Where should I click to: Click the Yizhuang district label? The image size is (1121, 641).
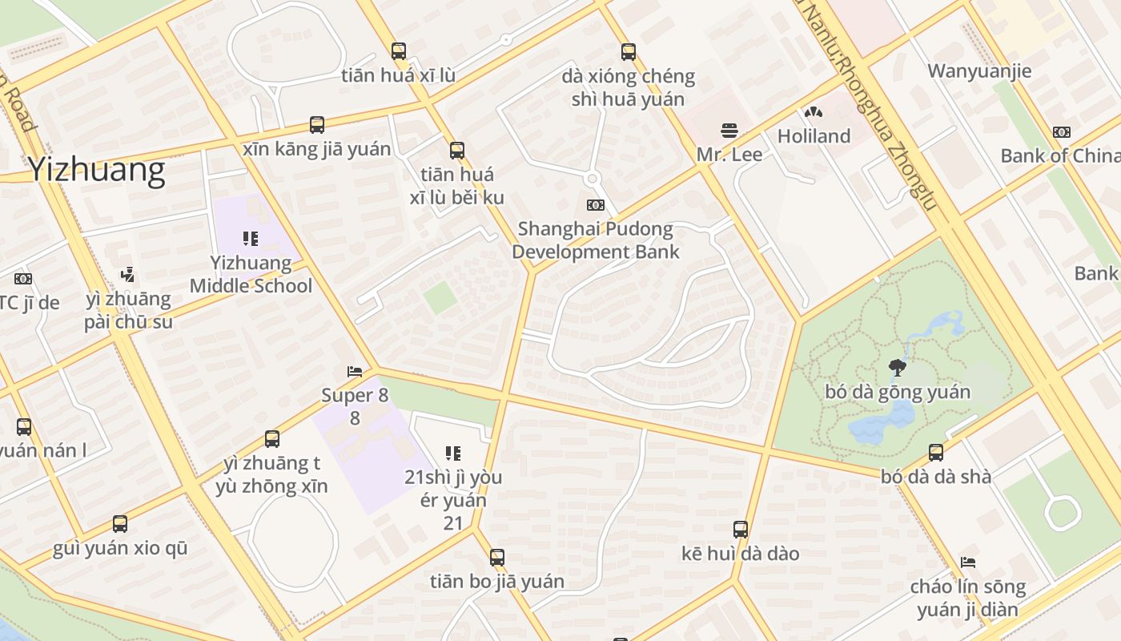click(96, 170)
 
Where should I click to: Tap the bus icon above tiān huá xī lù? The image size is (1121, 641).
click(399, 51)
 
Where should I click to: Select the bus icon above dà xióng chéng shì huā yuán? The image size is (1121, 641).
click(629, 52)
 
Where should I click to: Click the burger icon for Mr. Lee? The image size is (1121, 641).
click(729, 131)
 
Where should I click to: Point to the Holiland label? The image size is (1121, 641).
click(814, 136)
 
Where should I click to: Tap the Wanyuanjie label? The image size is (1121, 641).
click(979, 71)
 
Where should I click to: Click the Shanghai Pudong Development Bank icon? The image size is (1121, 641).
click(595, 205)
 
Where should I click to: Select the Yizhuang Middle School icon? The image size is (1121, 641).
click(251, 239)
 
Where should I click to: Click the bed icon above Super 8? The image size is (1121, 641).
click(355, 372)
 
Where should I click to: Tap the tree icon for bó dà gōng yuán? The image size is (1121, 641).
click(898, 368)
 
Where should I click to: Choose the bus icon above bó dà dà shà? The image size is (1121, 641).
click(936, 453)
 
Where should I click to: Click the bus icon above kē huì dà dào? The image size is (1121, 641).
click(741, 530)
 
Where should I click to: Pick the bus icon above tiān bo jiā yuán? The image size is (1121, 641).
click(497, 558)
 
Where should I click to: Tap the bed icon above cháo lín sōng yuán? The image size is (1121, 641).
click(968, 562)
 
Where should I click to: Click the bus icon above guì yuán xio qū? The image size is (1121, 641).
click(120, 524)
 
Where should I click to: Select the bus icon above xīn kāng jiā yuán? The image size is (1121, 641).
click(317, 125)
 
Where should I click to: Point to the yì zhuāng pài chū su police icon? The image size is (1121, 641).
click(127, 275)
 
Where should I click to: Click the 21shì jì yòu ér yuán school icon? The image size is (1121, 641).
click(453, 454)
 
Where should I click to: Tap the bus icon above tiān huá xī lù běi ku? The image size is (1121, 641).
click(456, 150)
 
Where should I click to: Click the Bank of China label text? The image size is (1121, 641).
click(1060, 155)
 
